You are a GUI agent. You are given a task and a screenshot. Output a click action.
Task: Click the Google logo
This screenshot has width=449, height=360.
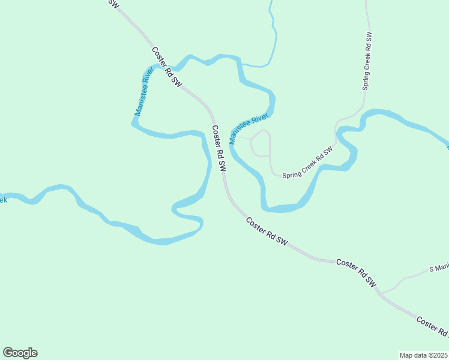20,353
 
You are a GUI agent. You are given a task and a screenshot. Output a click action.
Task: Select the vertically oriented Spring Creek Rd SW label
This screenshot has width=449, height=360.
367,61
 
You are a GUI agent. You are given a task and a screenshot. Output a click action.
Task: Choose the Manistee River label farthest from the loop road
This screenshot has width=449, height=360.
144,91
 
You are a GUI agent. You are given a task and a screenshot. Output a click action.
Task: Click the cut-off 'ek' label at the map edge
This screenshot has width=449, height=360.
3,199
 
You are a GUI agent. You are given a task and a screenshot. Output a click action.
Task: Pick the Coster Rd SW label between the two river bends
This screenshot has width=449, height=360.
218,149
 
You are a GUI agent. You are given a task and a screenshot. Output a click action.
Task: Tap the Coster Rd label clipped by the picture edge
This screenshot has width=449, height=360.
432,328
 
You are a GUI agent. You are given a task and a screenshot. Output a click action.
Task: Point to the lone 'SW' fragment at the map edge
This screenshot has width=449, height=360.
112,4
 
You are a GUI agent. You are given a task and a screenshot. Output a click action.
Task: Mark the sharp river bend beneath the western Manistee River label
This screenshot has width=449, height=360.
133,124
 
